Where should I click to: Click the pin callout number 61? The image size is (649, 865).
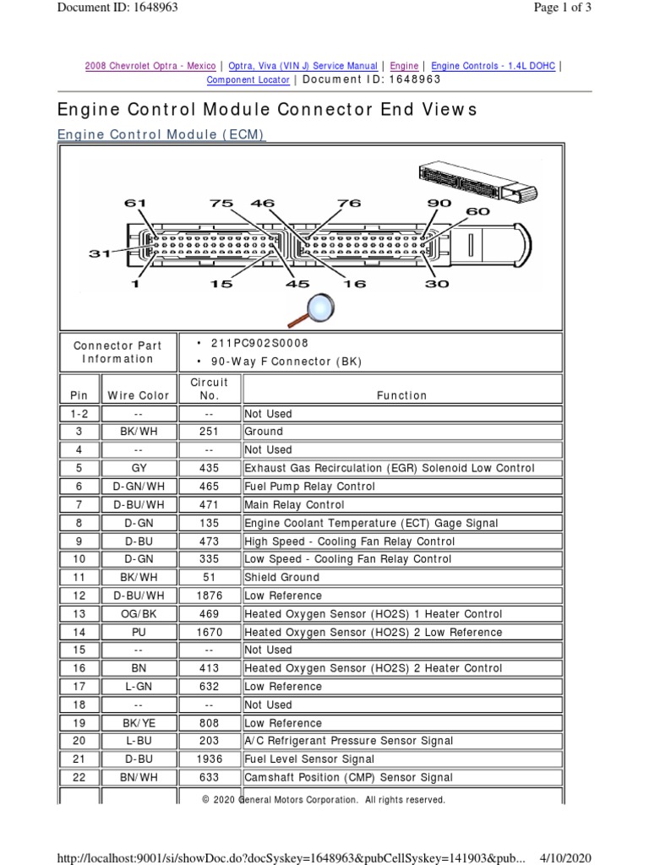pyautogui.click(x=135, y=203)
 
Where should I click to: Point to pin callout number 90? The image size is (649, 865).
pyautogui.click(x=439, y=203)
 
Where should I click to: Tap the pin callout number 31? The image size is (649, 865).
pyautogui.click(x=101, y=253)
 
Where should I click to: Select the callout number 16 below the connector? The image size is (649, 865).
pyautogui.click(x=355, y=284)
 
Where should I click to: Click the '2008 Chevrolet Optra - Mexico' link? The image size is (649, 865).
pyautogui.click(x=150, y=66)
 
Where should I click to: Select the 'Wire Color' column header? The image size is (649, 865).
pyautogui.click(x=139, y=395)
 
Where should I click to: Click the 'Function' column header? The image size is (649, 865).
pyautogui.click(x=402, y=395)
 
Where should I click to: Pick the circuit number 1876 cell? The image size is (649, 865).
pyautogui.click(x=210, y=596)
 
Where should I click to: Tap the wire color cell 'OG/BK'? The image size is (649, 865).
pyautogui.click(x=139, y=614)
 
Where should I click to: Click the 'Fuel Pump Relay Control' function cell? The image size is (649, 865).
pyautogui.click(x=309, y=487)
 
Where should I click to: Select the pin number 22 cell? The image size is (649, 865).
pyautogui.click(x=79, y=777)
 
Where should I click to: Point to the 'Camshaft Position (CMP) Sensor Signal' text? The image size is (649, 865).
pyautogui.click(x=348, y=777)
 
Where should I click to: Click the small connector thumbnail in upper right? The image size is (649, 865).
pyautogui.click(x=477, y=182)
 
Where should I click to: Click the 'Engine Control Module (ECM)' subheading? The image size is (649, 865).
pyautogui.click(x=161, y=135)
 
